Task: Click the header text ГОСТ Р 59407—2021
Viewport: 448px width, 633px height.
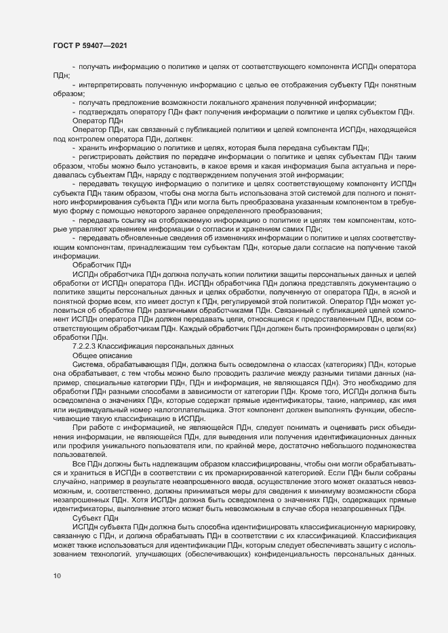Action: (x=88, y=44)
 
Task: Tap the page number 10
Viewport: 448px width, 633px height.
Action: (x=56, y=596)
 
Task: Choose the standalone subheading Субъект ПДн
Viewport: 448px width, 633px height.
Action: (x=95, y=517)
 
